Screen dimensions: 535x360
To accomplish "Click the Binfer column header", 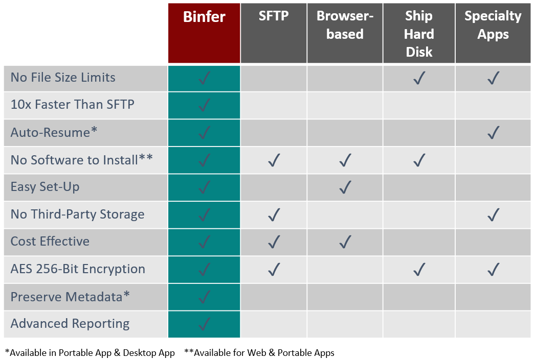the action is coord(204,17).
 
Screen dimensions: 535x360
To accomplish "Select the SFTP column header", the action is coord(274,16).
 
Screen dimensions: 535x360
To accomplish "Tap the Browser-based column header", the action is coord(345,25).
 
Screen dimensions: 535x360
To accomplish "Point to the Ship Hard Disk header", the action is coord(419,34).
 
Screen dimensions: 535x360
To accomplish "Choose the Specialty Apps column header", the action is coord(493,25).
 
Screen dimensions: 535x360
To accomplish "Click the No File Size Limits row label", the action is coord(63,77).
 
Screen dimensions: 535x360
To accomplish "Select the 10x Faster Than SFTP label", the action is coord(73,104).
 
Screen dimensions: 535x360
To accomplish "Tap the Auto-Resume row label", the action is coord(54,132).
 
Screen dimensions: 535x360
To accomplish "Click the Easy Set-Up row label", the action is coord(45,187).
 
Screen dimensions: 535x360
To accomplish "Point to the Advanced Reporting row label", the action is coord(70,324).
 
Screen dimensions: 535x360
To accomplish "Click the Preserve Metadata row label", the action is coord(70,296).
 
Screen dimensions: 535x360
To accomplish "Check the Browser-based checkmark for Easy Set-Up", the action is coord(345,187).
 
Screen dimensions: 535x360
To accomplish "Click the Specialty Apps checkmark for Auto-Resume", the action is coord(494,132).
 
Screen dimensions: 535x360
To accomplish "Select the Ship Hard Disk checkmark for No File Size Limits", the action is coord(419,78).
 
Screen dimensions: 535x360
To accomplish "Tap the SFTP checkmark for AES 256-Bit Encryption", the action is coord(274,270).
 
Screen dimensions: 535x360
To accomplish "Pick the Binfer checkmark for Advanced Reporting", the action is coord(204,324).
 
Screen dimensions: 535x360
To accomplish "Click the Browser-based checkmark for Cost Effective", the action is coord(345,242).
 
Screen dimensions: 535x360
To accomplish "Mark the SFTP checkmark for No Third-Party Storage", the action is coord(274,214).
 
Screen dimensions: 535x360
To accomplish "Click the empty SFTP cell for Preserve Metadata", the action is coord(274,297).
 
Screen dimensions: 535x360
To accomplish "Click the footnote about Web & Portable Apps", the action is coord(259,352).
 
